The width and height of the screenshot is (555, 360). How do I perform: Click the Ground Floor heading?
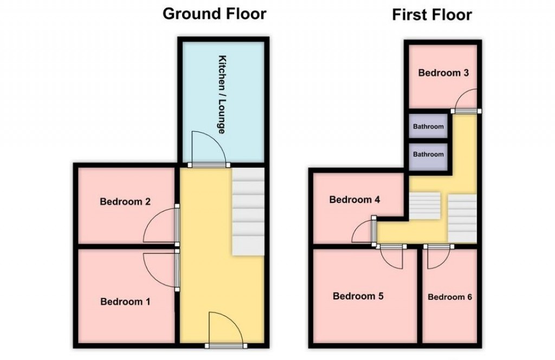[215, 14]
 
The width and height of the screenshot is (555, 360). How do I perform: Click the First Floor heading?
[431, 15]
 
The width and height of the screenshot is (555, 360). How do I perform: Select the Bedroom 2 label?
[125, 202]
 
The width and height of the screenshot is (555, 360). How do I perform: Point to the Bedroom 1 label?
[125, 301]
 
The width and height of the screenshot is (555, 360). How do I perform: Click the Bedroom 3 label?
[443, 73]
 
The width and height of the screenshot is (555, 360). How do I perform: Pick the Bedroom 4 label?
[354, 200]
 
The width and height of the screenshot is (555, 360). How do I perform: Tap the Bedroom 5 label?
[358, 296]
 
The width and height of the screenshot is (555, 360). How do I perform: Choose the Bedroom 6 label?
[449, 297]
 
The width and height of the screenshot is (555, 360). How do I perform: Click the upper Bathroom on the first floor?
[428, 127]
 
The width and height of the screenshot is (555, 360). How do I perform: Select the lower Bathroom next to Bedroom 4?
[428, 155]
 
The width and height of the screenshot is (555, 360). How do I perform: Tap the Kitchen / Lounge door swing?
[209, 147]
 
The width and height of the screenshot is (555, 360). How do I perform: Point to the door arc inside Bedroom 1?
[159, 268]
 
